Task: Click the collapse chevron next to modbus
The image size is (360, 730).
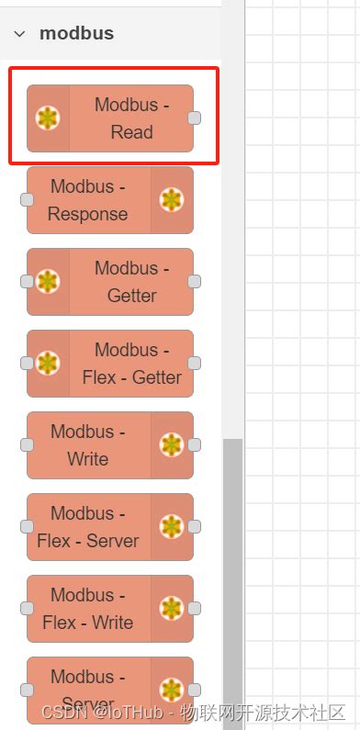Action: pos(19,34)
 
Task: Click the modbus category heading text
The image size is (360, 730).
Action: pos(76,34)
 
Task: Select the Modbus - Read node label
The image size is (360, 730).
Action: pos(131,118)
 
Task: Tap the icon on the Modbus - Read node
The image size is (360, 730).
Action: pos(48,118)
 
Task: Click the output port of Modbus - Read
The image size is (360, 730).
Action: pos(194,118)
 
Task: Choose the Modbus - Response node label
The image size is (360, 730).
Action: pos(88,200)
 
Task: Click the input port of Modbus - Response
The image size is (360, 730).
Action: pos(28,199)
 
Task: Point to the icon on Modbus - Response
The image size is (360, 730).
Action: pos(172,199)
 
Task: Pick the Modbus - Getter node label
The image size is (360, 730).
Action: pos(131,282)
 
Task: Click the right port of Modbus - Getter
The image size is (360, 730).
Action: pos(194,281)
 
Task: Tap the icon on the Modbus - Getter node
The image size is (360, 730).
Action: pos(48,282)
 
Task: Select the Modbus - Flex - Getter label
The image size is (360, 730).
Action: pos(131,364)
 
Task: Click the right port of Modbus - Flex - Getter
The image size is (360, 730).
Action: pos(194,363)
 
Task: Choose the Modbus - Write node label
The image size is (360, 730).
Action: pos(88,445)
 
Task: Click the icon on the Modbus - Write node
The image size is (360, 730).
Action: pos(172,445)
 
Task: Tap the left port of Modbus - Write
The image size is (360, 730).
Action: pos(28,444)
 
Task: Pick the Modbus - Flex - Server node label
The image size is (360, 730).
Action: pos(88,527)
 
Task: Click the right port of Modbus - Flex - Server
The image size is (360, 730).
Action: pos(194,526)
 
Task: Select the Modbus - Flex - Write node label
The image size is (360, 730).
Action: pos(88,609)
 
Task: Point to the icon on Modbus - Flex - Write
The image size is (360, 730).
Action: pos(172,608)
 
